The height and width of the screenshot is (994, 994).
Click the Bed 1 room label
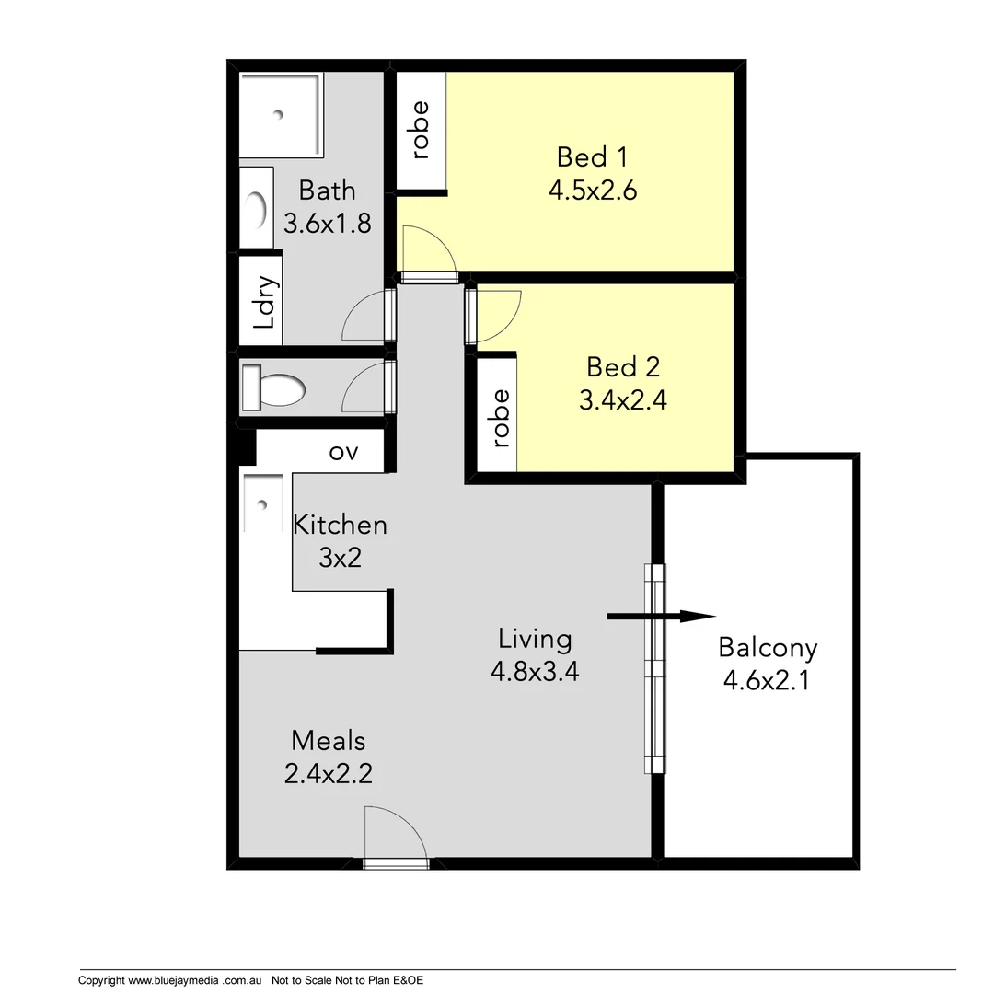coord(593,156)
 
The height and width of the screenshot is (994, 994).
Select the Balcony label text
coord(768,648)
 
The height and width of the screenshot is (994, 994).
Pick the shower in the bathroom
coord(281,114)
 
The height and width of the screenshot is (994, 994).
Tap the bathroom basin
coord(257,207)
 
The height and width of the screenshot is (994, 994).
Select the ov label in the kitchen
coord(342,453)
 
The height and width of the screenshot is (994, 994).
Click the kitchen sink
coord(264,504)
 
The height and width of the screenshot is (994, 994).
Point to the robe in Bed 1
coord(421,130)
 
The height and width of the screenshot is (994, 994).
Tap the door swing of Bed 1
coord(426,248)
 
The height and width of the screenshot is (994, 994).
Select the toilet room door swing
coord(365,387)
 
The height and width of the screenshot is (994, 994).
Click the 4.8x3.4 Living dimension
coord(534,672)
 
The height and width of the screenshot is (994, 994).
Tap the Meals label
coord(328,740)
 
